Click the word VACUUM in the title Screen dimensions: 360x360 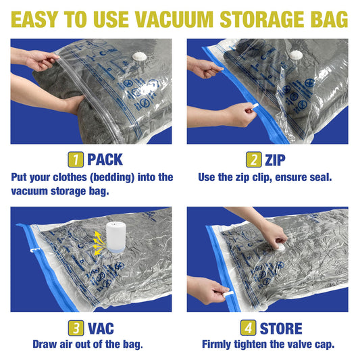[191, 20]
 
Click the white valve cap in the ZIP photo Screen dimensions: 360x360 [296, 55]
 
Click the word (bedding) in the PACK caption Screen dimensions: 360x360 [122, 177]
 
